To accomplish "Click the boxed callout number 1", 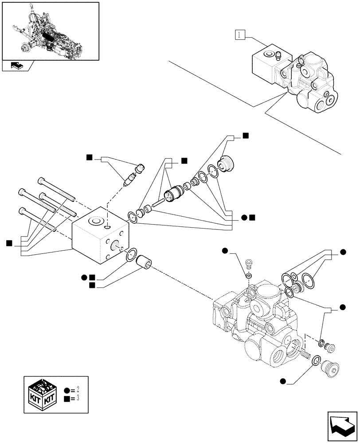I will point(239,35).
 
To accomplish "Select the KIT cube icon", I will point(42,394).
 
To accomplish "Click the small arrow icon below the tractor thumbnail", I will point(16,66).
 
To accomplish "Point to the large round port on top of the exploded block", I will point(95,221).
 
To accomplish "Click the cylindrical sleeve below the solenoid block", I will point(144,262).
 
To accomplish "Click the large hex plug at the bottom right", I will point(329,368).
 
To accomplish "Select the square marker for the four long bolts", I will point(9,242).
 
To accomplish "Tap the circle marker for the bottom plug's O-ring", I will point(282,380).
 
